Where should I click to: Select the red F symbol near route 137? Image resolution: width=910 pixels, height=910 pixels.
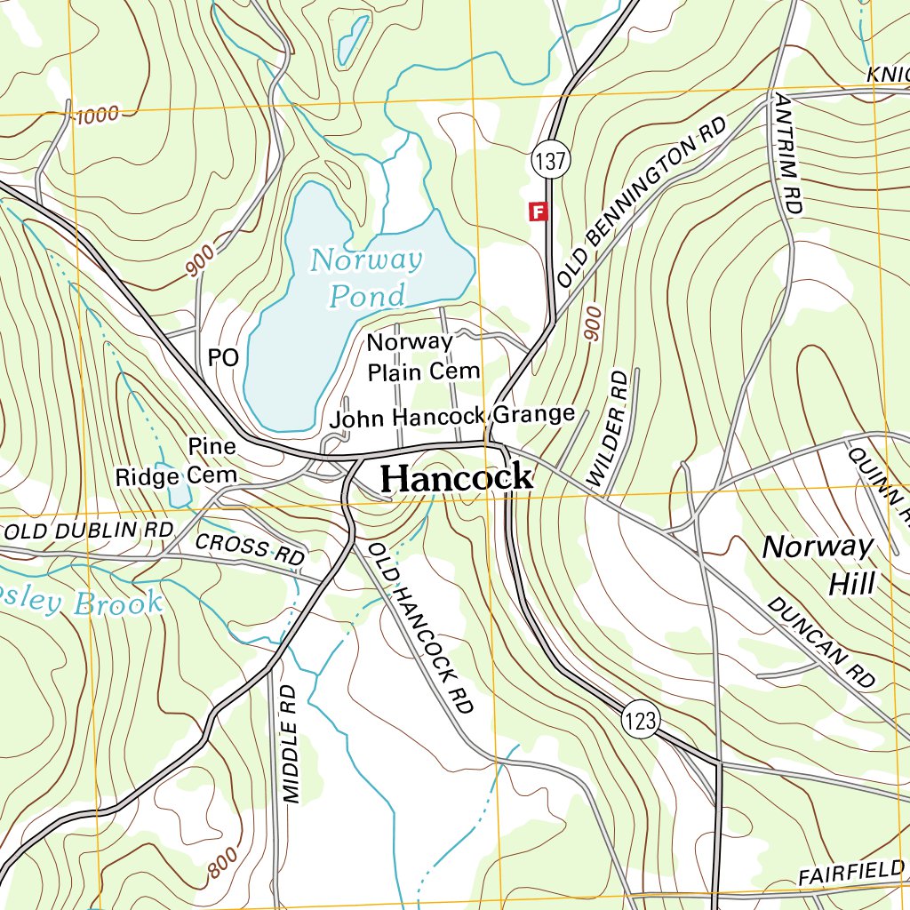coord(538,212)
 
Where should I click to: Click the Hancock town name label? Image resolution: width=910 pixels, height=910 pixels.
coord(457,478)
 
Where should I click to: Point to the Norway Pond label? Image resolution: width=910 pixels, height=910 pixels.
coord(364,277)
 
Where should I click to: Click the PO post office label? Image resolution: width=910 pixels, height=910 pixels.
coord(223,358)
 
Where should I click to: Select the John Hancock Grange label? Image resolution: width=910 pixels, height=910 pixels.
coord(452,415)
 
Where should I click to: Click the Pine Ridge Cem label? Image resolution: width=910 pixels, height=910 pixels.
coord(177,461)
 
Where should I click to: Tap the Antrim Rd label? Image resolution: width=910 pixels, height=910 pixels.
coord(788,152)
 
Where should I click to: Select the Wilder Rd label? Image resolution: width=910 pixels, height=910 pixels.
coord(608,429)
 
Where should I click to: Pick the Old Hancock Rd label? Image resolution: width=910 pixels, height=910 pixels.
coord(421,628)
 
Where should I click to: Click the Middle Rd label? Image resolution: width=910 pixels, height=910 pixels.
coord(288,745)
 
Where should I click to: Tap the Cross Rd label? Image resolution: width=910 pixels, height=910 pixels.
coord(250,547)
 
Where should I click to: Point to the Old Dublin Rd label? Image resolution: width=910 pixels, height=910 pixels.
coord(89,531)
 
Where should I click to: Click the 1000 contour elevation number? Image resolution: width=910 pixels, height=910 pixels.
coord(96,116)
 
